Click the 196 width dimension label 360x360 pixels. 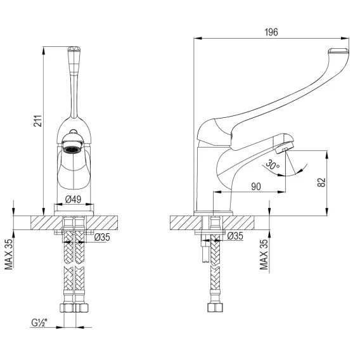tap(271, 32)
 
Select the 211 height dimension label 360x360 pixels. tap(37, 121)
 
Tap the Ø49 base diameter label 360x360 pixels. tap(73, 199)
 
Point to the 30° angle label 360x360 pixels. tap(273, 165)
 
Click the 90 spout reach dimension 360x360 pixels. tap(256, 186)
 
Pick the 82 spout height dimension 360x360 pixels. tap(322, 183)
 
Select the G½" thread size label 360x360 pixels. tap(39, 323)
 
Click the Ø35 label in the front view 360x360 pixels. tap(102, 237)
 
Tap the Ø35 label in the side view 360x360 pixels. tap(235, 236)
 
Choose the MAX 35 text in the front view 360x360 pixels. tap(9, 254)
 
